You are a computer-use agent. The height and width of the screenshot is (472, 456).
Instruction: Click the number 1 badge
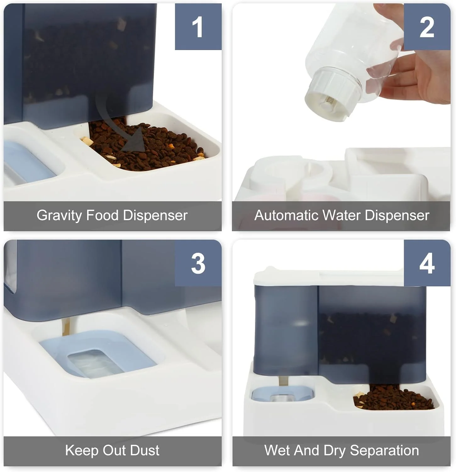[x=198, y=27]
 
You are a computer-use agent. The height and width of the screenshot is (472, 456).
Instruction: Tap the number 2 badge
[x=427, y=27]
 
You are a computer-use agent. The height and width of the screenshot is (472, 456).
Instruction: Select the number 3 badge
[x=198, y=263]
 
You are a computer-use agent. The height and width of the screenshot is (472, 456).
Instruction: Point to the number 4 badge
[x=427, y=263]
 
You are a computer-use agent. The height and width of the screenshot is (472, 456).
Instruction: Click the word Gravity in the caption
[x=59, y=216]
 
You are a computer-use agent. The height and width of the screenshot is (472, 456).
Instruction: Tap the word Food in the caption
[x=102, y=216]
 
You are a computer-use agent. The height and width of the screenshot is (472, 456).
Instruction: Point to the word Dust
[x=144, y=450]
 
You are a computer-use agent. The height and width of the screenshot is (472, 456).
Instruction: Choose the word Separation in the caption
[x=384, y=451]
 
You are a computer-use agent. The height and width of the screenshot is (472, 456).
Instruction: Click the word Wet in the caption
[x=276, y=450]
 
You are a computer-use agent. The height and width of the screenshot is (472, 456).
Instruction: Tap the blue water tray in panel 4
[x=282, y=394]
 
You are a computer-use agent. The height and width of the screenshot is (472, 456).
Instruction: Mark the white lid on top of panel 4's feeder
[x=329, y=277]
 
